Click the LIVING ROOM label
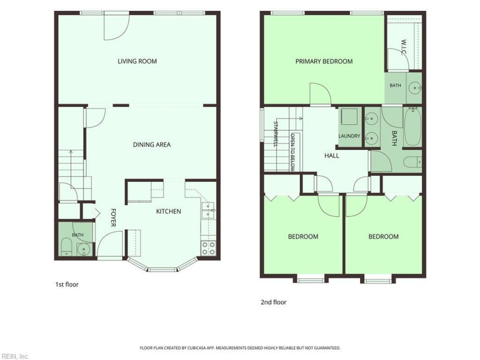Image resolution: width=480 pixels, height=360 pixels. click(137, 61)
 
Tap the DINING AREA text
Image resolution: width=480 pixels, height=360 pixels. click(152, 145)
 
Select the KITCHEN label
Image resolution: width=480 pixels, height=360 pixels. click(169, 211)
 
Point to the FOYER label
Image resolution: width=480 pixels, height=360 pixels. click(113, 218)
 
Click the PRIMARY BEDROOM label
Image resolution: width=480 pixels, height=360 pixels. click(324, 61)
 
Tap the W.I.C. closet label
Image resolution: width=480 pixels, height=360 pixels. click(404, 47)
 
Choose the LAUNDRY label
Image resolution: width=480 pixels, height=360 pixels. click(349, 136)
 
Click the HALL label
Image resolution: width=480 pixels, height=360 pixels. click(332, 155)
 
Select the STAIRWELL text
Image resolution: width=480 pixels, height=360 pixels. click(275, 134)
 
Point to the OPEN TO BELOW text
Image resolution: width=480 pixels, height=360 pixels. click(293, 152)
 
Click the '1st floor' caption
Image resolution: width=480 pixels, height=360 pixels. click(67, 284)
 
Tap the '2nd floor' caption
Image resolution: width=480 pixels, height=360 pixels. click(274, 302)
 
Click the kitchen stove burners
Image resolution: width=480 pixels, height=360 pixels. click(208, 248)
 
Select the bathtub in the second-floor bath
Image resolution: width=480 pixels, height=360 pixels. click(412, 127)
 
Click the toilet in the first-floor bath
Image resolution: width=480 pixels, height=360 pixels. click(66, 247)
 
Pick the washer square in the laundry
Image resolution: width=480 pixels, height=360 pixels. click(349, 116)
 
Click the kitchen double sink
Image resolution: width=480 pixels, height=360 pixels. click(208, 211)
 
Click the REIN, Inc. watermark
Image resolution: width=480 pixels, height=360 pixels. click(14, 356)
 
